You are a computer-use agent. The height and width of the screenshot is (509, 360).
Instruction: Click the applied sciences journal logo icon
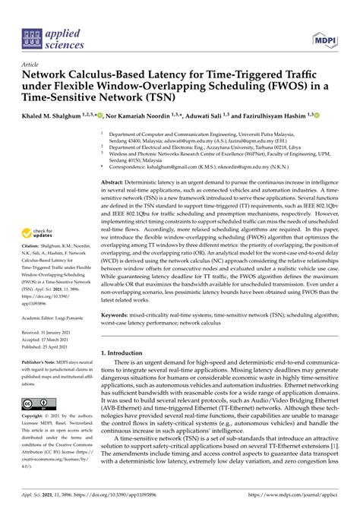[33, 36]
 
